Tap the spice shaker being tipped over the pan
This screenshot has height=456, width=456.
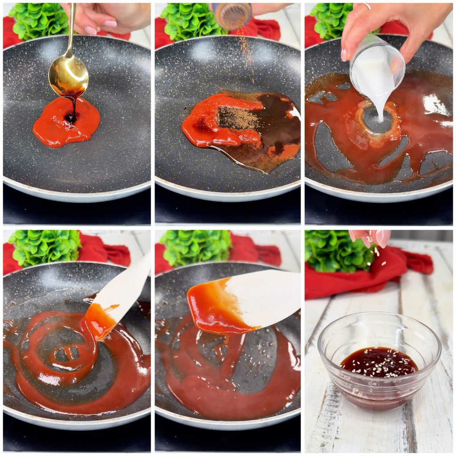[232, 16]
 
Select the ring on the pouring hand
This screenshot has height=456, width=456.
[366, 6]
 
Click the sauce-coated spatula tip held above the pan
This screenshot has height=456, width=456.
[218, 307]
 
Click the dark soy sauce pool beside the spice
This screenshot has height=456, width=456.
[278, 125]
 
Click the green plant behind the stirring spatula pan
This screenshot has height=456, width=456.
[45, 247]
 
